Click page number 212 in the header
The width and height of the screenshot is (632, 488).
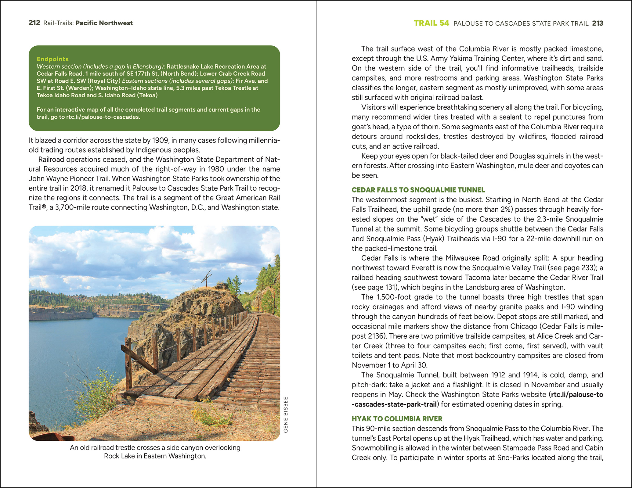coord(34,23)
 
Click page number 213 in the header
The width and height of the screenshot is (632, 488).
coord(598,23)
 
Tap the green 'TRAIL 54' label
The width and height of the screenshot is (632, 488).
coord(431,23)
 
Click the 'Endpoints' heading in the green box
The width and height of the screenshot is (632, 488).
coord(52,59)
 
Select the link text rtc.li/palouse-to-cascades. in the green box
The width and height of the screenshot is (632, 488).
coord(103,117)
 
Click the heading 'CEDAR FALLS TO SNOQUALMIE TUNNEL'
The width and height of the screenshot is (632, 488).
coord(418,190)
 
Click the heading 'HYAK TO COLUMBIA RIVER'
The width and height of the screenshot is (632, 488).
coord(397,419)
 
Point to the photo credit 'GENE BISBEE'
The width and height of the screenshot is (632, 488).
coord(286,414)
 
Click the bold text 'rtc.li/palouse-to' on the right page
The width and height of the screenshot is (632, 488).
coord(577,395)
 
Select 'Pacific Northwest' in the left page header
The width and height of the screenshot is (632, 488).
coord(104,23)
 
